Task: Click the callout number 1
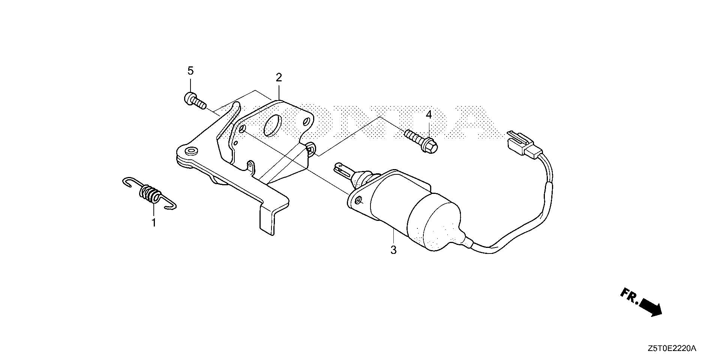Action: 153,223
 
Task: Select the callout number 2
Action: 279,78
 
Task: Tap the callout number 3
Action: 393,250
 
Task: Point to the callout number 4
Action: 429,115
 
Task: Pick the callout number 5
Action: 190,70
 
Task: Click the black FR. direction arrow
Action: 651,307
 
